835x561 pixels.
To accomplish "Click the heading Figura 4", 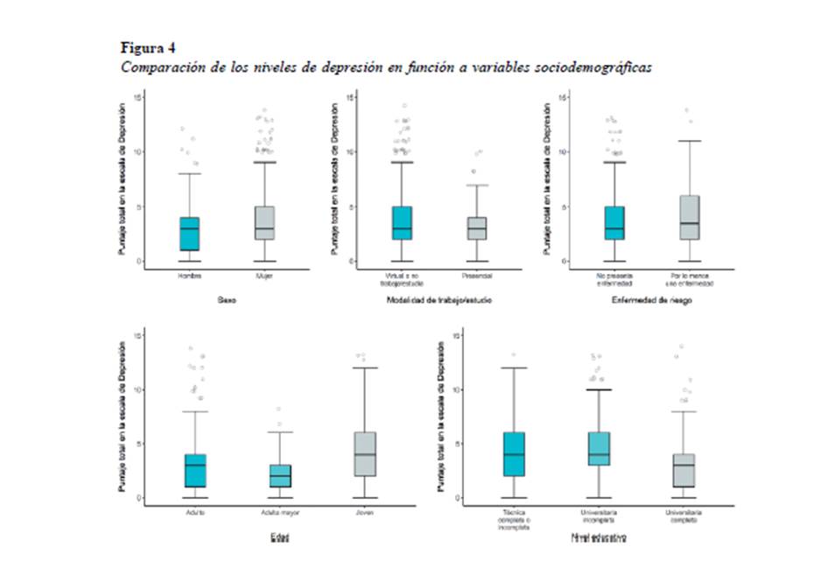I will [x=146, y=46].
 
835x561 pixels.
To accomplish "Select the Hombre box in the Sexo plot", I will [x=189, y=233].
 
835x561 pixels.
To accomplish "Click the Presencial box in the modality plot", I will [x=476, y=228].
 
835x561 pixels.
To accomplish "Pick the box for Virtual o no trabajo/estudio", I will [x=402, y=223].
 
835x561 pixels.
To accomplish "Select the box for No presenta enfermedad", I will [x=614, y=223].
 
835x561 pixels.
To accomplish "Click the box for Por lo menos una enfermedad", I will [x=689, y=218].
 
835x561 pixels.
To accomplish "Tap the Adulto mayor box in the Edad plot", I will [x=280, y=476].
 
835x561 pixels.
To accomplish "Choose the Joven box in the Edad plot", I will [x=364, y=454].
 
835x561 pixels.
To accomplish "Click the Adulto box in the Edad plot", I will [x=196, y=471].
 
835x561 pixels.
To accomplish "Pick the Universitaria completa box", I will [x=683, y=471].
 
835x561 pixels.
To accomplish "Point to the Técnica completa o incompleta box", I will [x=514, y=454].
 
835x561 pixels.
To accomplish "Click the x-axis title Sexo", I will [x=227, y=300].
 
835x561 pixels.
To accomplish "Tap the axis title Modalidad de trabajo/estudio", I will [x=439, y=301].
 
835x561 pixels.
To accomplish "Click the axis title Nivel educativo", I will [x=599, y=536].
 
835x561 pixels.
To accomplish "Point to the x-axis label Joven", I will [x=364, y=511].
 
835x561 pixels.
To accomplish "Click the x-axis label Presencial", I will [x=476, y=276].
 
